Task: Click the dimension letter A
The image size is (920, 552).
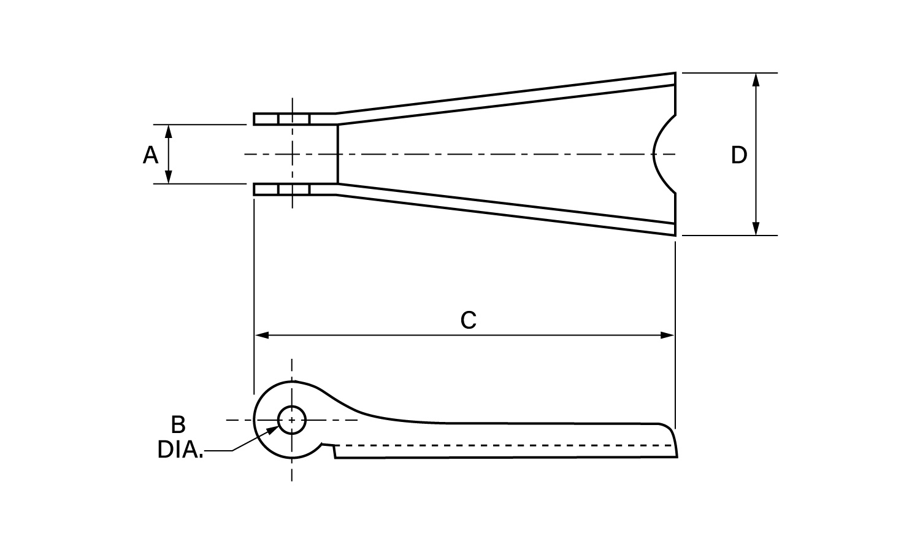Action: (150, 155)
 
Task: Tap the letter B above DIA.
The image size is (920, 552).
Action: (178, 424)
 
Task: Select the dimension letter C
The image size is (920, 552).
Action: (468, 320)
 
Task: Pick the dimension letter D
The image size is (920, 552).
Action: (739, 155)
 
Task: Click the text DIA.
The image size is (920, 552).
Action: (180, 450)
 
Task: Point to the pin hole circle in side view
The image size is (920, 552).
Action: (292, 420)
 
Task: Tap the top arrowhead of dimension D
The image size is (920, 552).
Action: (756, 79)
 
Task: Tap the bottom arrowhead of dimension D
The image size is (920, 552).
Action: (756, 229)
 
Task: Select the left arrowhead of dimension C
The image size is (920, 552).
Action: (261, 335)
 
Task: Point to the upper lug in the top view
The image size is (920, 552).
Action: (293, 118)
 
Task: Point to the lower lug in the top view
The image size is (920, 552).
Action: (293, 190)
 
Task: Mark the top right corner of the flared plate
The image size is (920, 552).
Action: (675, 74)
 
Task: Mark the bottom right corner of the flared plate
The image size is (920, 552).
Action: (675, 235)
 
